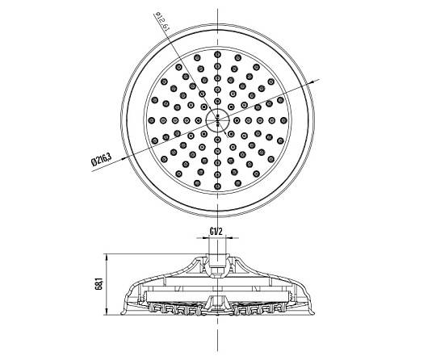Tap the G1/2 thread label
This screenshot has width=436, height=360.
click(216, 232)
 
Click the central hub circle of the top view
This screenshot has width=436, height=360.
click(217, 120)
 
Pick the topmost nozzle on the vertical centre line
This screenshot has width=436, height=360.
click(217, 54)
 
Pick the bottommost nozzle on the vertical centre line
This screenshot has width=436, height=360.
click(217, 186)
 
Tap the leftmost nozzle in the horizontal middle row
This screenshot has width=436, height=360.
click(152, 120)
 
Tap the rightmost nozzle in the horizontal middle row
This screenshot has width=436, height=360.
click(283, 120)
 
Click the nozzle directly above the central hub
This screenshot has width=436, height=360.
click(217, 101)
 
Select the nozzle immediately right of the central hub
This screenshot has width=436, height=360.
click(237, 120)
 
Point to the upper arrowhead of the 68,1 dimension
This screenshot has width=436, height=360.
click(107, 257)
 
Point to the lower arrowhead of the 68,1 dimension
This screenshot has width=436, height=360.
click(107, 312)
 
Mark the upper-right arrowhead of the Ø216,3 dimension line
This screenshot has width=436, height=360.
click(310, 82)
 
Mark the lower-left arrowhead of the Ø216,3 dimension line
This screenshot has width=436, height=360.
click(125, 158)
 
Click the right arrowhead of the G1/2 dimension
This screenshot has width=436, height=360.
click(228, 237)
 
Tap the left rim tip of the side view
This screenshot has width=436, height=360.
click(121, 314)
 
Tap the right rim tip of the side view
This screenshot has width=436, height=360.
click(314, 314)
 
